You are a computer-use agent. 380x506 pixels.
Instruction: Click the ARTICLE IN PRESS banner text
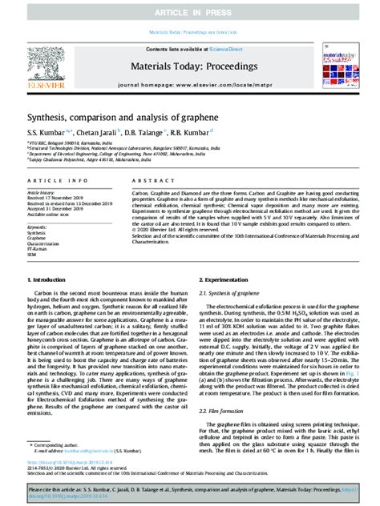pyautogui.click(x=190, y=10)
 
